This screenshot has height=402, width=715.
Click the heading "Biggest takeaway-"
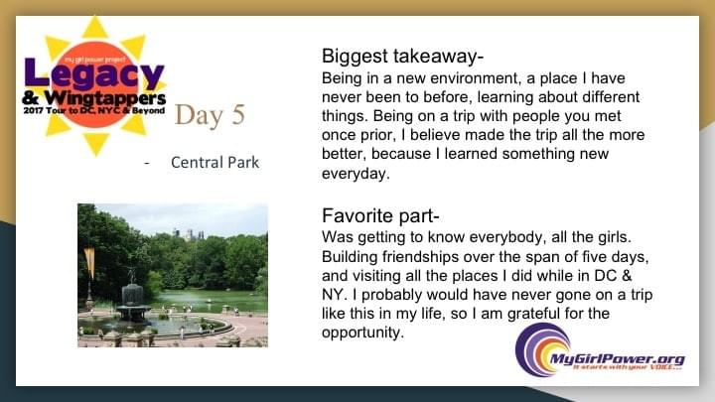[402, 57]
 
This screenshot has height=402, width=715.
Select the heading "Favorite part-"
[380, 216]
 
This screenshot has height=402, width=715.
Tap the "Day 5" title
[210, 115]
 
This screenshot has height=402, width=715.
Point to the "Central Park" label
[214, 162]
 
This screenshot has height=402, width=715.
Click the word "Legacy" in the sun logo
[94, 73]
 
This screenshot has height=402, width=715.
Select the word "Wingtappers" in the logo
[105, 98]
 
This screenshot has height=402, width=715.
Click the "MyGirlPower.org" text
[618, 358]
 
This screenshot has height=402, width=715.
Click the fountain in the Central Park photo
[133, 301]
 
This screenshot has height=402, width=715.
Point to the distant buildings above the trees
[189, 234]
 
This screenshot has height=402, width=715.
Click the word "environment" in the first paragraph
[458, 78]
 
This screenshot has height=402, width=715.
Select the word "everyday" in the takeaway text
[356, 174]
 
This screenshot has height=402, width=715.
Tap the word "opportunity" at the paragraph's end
[362, 333]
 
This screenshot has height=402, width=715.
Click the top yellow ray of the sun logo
[95, 28]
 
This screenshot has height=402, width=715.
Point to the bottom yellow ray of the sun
[95, 144]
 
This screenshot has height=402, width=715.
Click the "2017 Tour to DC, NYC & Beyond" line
[94, 111]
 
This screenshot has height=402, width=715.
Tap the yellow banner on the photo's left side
[89, 262]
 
